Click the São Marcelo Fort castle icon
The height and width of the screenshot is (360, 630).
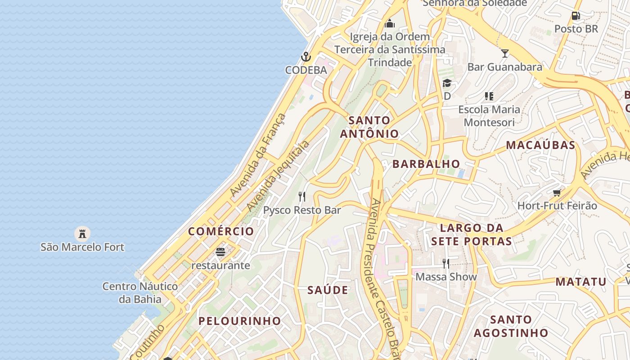point(82,234)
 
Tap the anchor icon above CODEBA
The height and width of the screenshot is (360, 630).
point(306,57)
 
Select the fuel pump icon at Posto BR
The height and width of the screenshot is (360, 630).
point(576,16)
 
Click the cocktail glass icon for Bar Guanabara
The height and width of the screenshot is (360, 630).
point(504,53)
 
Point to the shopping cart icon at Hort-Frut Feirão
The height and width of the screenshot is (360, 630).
point(557,193)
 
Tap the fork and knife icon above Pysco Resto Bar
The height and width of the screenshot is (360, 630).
point(302,197)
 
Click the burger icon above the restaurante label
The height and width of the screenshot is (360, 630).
point(220,252)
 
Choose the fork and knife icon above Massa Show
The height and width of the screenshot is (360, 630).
point(445,263)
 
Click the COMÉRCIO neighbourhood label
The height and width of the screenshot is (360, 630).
point(221,231)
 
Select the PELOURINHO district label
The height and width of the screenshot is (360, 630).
point(240,321)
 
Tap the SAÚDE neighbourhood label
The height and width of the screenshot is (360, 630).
point(328,290)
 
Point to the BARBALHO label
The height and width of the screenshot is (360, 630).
point(426,164)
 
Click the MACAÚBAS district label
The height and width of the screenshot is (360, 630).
point(540,145)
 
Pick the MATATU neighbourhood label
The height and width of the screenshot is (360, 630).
point(581,282)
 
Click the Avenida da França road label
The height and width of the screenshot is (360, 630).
point(257,155)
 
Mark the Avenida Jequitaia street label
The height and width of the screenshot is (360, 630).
point(278,175)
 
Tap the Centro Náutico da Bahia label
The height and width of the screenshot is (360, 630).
point(140,292)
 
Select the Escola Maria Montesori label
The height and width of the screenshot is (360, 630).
point(489,116)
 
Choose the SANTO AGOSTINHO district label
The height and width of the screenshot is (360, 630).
point(511,326)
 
